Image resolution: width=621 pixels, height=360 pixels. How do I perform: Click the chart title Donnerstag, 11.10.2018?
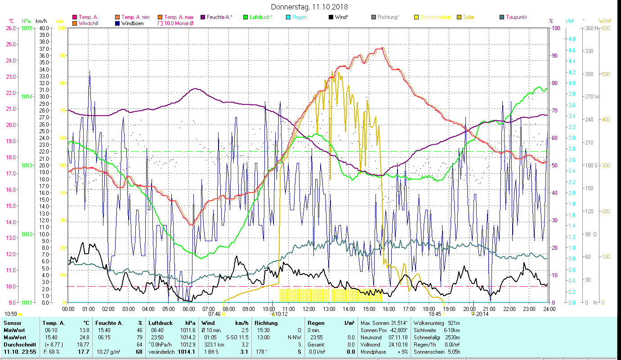click(310, 7)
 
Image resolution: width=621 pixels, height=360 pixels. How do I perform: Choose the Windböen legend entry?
click(132, 23)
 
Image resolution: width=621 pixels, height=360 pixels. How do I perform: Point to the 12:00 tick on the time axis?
click(309, 309)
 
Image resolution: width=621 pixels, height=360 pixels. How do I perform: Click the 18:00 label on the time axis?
click(429, 309)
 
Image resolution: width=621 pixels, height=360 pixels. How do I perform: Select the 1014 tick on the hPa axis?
click(27, 97)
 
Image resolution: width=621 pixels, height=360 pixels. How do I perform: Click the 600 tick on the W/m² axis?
click(606, 28)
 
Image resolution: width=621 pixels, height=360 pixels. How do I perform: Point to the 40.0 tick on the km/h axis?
click(44, 28)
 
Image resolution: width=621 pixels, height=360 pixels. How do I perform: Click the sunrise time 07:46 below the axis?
click(214, 314)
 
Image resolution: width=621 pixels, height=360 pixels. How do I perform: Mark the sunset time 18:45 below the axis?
click(434, 314)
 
